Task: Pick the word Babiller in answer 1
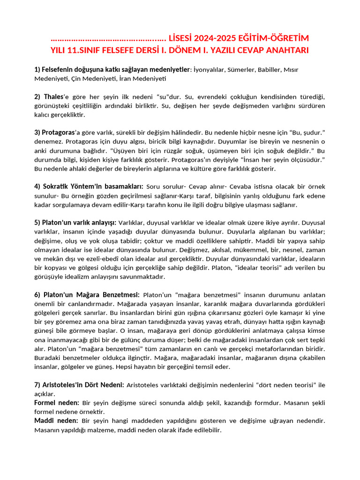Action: [x=272, y=70]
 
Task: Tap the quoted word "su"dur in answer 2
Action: [x=156, y=97]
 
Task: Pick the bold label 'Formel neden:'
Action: [x=57, y=403]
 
